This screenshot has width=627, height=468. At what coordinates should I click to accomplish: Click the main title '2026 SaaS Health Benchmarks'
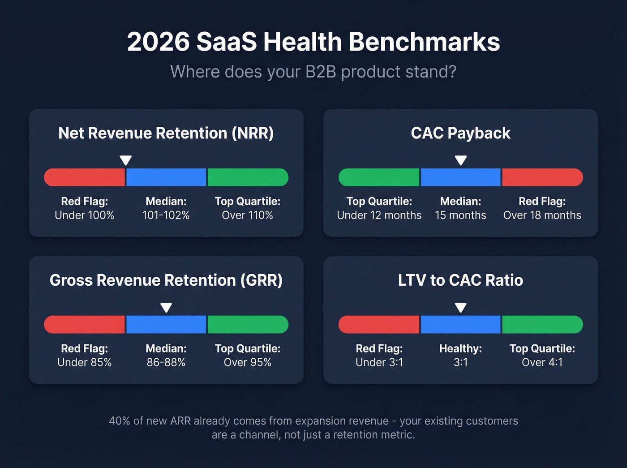coord(313,42)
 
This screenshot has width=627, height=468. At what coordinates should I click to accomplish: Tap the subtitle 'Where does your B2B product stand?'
coord(313,72)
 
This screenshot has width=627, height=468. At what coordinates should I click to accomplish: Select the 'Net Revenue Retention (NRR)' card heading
coord(166,133)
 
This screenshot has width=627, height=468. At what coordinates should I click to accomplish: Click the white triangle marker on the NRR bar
coord(126,160)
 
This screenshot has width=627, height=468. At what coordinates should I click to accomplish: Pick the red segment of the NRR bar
coord(85,177)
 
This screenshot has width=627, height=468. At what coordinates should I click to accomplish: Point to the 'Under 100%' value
coord(84,215)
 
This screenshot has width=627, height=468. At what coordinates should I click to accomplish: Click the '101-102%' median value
coord(166,215)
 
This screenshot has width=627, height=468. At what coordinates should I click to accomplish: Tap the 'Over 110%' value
coord(247,215)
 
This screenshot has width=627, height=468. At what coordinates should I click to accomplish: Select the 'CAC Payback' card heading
coord(460,133)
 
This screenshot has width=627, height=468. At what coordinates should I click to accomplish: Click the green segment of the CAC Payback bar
coord(379,177)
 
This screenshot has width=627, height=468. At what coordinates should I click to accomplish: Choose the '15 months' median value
coord(460,215)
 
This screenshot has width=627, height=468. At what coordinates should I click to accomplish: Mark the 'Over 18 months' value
coord(542,215)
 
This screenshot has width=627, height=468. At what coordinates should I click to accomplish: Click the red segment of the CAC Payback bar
coord(542,177)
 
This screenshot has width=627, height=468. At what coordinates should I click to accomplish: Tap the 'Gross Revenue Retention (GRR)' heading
coord(166,280)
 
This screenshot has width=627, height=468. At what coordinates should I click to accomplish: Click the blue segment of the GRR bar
coord(166,324)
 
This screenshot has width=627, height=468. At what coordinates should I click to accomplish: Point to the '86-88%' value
coord(166,362)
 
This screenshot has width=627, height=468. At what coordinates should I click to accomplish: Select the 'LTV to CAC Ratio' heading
coord(460,280)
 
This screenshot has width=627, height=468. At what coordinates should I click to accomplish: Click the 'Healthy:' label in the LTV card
coord(460,348)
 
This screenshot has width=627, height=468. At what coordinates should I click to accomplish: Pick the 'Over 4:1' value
coord(542,362)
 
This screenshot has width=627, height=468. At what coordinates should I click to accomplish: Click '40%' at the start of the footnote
coord(119,421)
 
